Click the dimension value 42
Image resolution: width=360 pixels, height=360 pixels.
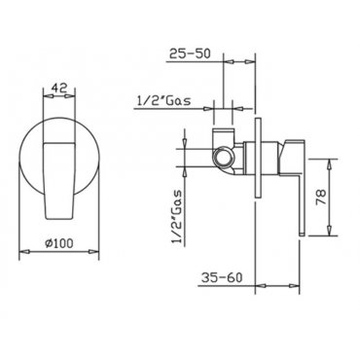pos(59,88)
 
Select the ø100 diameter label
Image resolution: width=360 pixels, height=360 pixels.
pos(59,243)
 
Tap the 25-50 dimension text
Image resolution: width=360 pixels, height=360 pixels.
pos(191,54)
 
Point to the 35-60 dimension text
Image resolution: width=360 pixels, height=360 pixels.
pos(222,277)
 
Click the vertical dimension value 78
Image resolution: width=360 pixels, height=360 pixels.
pos(320,197)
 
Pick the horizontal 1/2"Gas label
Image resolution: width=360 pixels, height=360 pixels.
pos(164,101)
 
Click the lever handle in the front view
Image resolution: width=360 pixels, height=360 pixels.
pos(59,180)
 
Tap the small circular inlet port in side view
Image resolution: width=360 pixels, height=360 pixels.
pos(224,158)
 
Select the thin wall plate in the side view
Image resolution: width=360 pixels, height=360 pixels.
pos(259,158)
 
